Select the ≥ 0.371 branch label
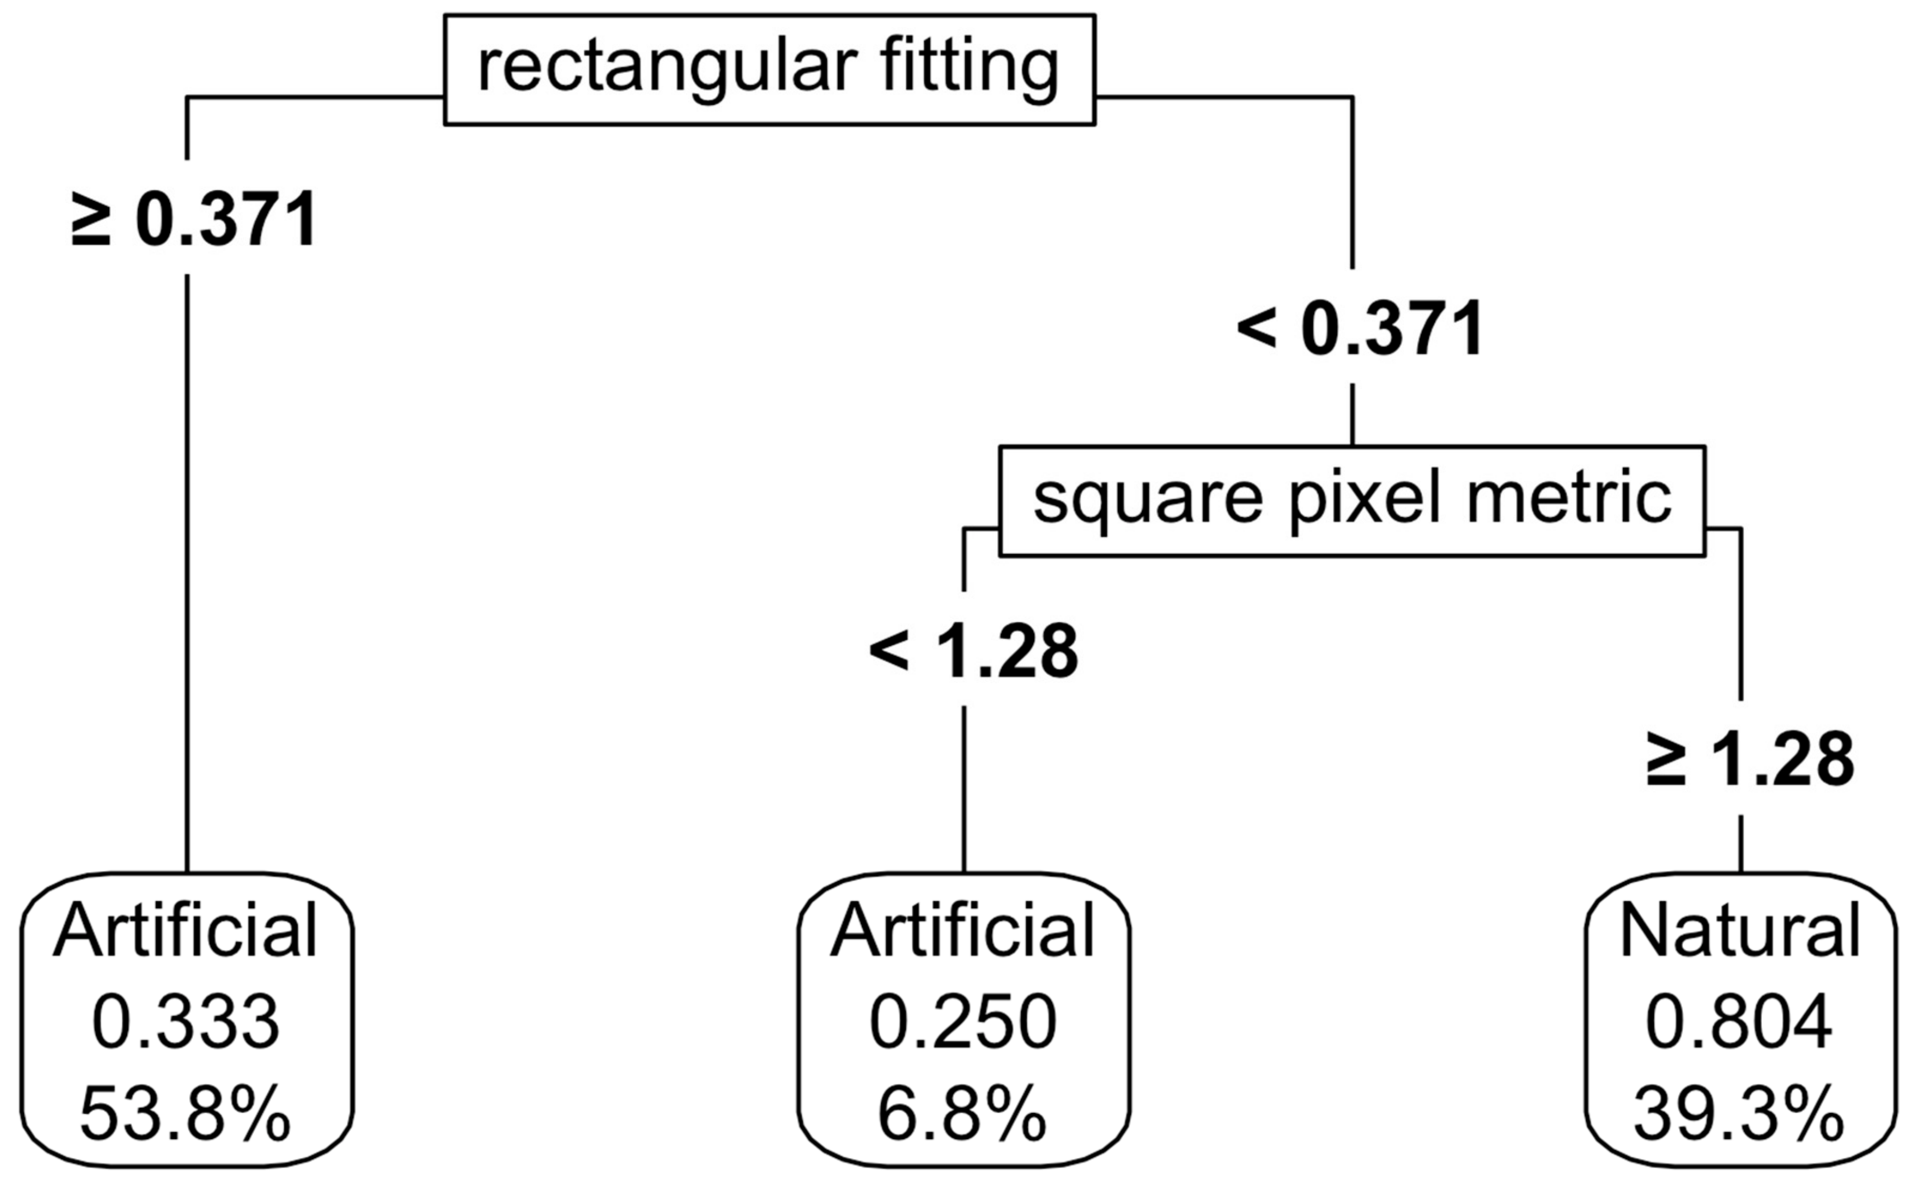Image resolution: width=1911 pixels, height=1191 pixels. (x=194, y=220)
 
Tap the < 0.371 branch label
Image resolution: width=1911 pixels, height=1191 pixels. (x=1360, y=329)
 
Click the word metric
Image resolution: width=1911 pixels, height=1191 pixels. (x=1567, y=499)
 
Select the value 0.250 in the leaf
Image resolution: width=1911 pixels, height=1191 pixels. (x=962, y=1023)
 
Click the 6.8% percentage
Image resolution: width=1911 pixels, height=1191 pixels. (x=962, y=1115)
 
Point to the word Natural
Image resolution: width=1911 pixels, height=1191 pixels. (x=1740, y=931)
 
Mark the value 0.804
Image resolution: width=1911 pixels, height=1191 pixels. (x=1739, y=1023)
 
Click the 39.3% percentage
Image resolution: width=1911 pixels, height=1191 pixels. (x=1739, y=1115)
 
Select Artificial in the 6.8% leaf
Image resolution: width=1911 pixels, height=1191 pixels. (x=962, y=931)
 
